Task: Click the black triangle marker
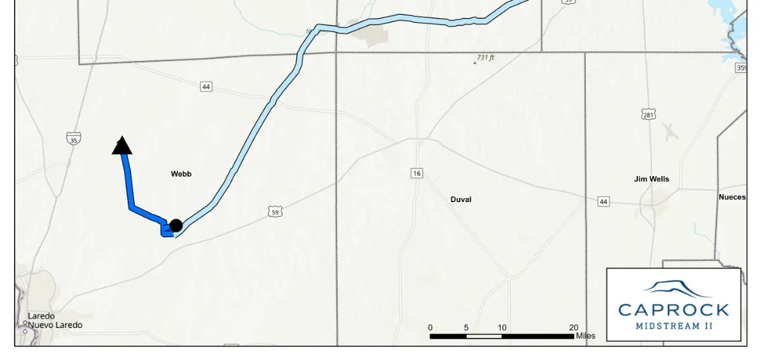122,146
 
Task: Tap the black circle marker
176,225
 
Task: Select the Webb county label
181,174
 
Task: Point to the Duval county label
461,199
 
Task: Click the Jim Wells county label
651,179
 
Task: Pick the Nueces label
732,197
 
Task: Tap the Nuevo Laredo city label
55,325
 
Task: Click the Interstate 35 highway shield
73,139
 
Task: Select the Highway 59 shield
276,212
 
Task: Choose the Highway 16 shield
417,173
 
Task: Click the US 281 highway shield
649,115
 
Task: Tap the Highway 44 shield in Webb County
206,87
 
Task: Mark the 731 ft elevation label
485,58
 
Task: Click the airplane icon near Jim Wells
670,132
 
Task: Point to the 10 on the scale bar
501,327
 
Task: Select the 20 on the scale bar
573,327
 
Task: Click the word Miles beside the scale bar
585,336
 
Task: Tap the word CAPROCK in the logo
673,309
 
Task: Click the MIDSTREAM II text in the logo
673,326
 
